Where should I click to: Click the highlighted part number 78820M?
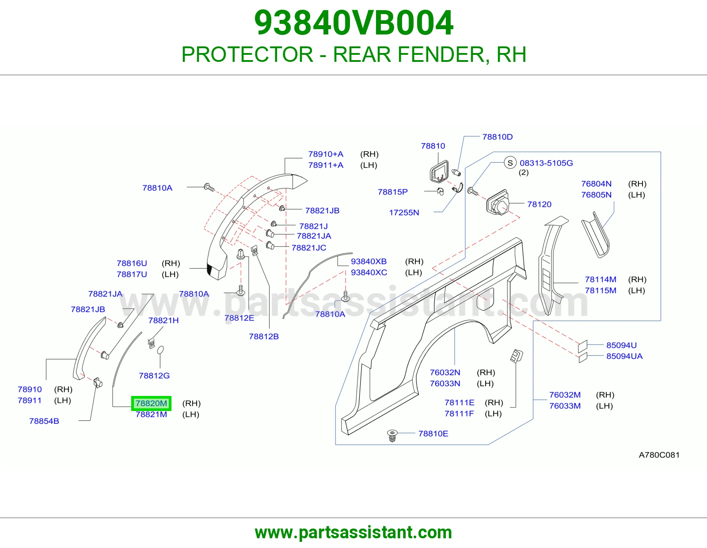151,403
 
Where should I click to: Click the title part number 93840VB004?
353,23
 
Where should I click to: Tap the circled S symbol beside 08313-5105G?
510,163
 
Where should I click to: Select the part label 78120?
540,204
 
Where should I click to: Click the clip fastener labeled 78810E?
392,435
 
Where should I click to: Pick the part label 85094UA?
624,356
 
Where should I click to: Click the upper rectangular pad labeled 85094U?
583,346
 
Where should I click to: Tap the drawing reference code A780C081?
659,455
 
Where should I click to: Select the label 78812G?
154,376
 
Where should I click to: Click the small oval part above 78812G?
160,350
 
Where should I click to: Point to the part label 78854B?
44,421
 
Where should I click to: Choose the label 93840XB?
369,261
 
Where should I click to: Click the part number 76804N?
597,183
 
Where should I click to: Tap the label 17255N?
404,213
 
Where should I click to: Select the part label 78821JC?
309,247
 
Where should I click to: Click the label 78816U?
132,263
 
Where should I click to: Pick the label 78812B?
264,336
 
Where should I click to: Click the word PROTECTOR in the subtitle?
247,54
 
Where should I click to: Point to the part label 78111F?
459,414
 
